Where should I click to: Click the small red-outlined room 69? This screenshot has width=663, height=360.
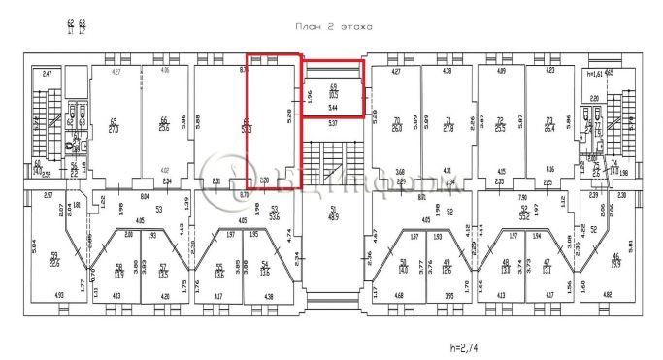point(333,89)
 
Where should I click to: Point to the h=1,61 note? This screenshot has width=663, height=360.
point(590,71)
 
